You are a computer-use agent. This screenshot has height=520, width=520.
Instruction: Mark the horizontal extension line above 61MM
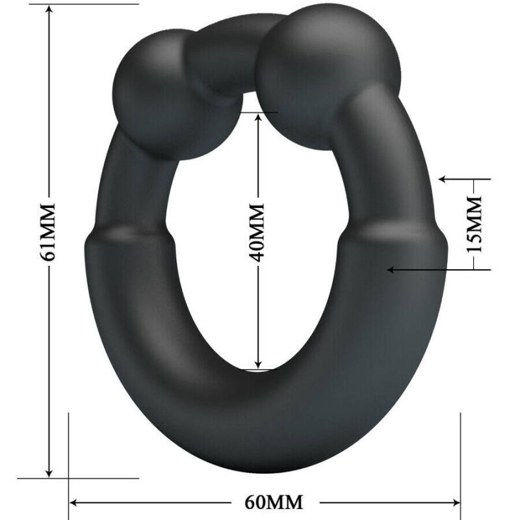pos(91,4)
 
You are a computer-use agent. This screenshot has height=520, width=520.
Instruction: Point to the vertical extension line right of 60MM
pos(460,455)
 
